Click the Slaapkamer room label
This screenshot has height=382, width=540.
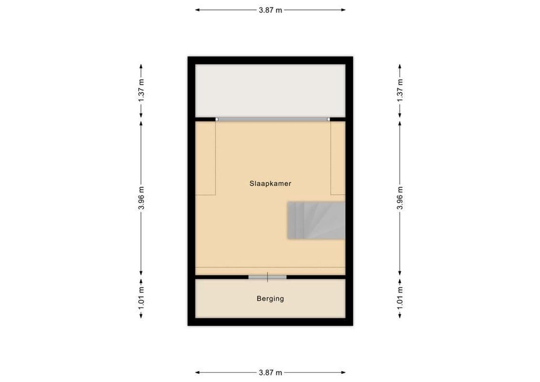(x=270, y=183)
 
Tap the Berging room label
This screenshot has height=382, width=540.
(x=270, y=299)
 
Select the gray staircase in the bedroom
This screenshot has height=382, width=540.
(x=316, y=220)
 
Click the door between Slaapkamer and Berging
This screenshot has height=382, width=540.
(x=267, y=276)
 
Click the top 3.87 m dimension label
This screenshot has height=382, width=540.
(x=270, y=10)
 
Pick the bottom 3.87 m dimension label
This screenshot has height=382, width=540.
(x=270, y=372)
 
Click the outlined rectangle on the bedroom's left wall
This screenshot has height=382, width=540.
(x=206, y=158)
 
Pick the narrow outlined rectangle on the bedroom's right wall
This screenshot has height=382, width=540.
(x=338, y=158)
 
